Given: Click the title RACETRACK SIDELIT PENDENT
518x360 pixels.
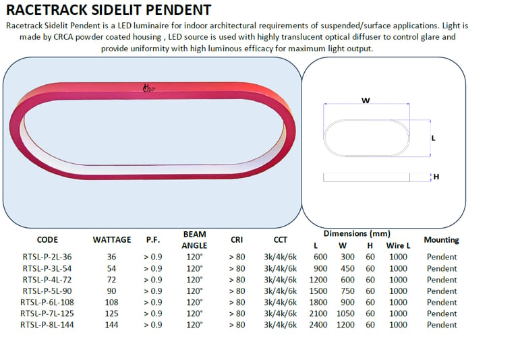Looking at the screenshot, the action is coord(109,10).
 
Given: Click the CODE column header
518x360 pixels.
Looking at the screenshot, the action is coord(47,240).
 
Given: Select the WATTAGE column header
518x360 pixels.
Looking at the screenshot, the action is coord(112,240).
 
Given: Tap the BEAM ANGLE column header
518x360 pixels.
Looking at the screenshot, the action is coord(194,240).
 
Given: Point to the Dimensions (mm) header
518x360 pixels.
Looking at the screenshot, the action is coord(357,234).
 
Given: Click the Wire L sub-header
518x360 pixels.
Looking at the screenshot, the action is coord(398,245).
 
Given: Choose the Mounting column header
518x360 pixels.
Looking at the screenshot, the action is coord(441,240).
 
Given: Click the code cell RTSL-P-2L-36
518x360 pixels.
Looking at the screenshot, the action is coord(47,257).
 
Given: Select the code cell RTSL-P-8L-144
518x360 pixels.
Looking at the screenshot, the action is coord(47,325).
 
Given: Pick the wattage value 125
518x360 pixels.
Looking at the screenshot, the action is coord(112,313).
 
